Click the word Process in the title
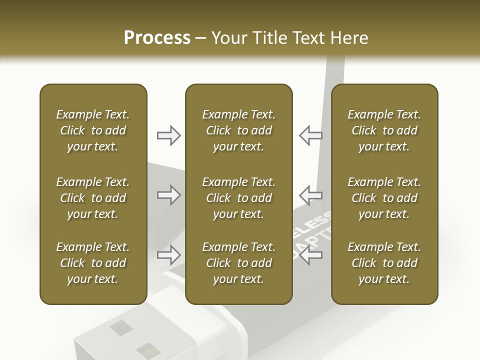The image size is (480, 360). tap(157, 38)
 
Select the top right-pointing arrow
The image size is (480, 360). tap(168, 135)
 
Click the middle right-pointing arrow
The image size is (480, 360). tap(168, 195)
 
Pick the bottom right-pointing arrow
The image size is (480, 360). tap(168, 255)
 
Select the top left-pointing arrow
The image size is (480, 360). tap(310, 135)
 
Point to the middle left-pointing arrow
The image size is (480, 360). tap(310, 195)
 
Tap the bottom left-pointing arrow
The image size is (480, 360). tap(310, 255)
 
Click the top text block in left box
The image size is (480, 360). tap(93, 130)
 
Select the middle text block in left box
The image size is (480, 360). tap(93, 198)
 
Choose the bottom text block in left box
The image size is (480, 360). tap(93, 263)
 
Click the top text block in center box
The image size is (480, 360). tap(239, 130)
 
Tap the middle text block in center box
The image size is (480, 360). tap(239, 198)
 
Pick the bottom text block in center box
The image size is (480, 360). tap(239, 263)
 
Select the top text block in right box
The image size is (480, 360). tap(384, 130)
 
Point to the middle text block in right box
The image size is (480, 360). tap(384, 198)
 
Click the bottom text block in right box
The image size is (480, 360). tap(384, 263)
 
